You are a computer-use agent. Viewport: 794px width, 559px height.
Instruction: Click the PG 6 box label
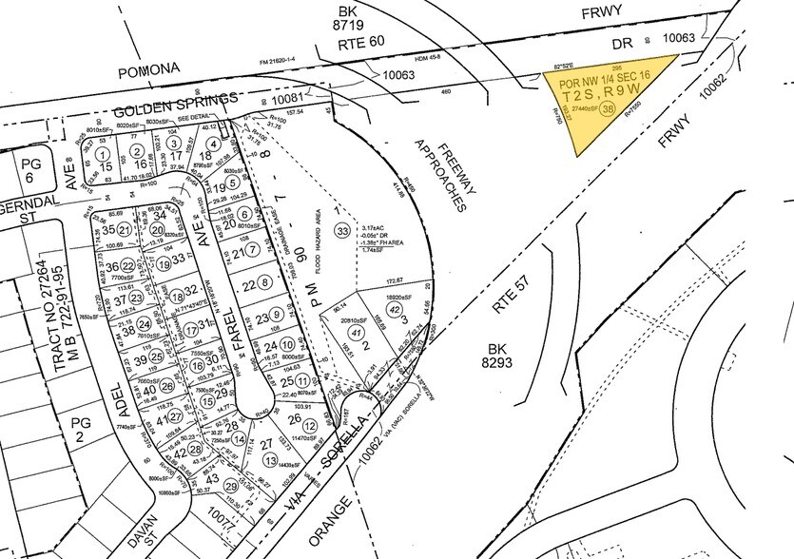pyautogui.click(x=29, y=171)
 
